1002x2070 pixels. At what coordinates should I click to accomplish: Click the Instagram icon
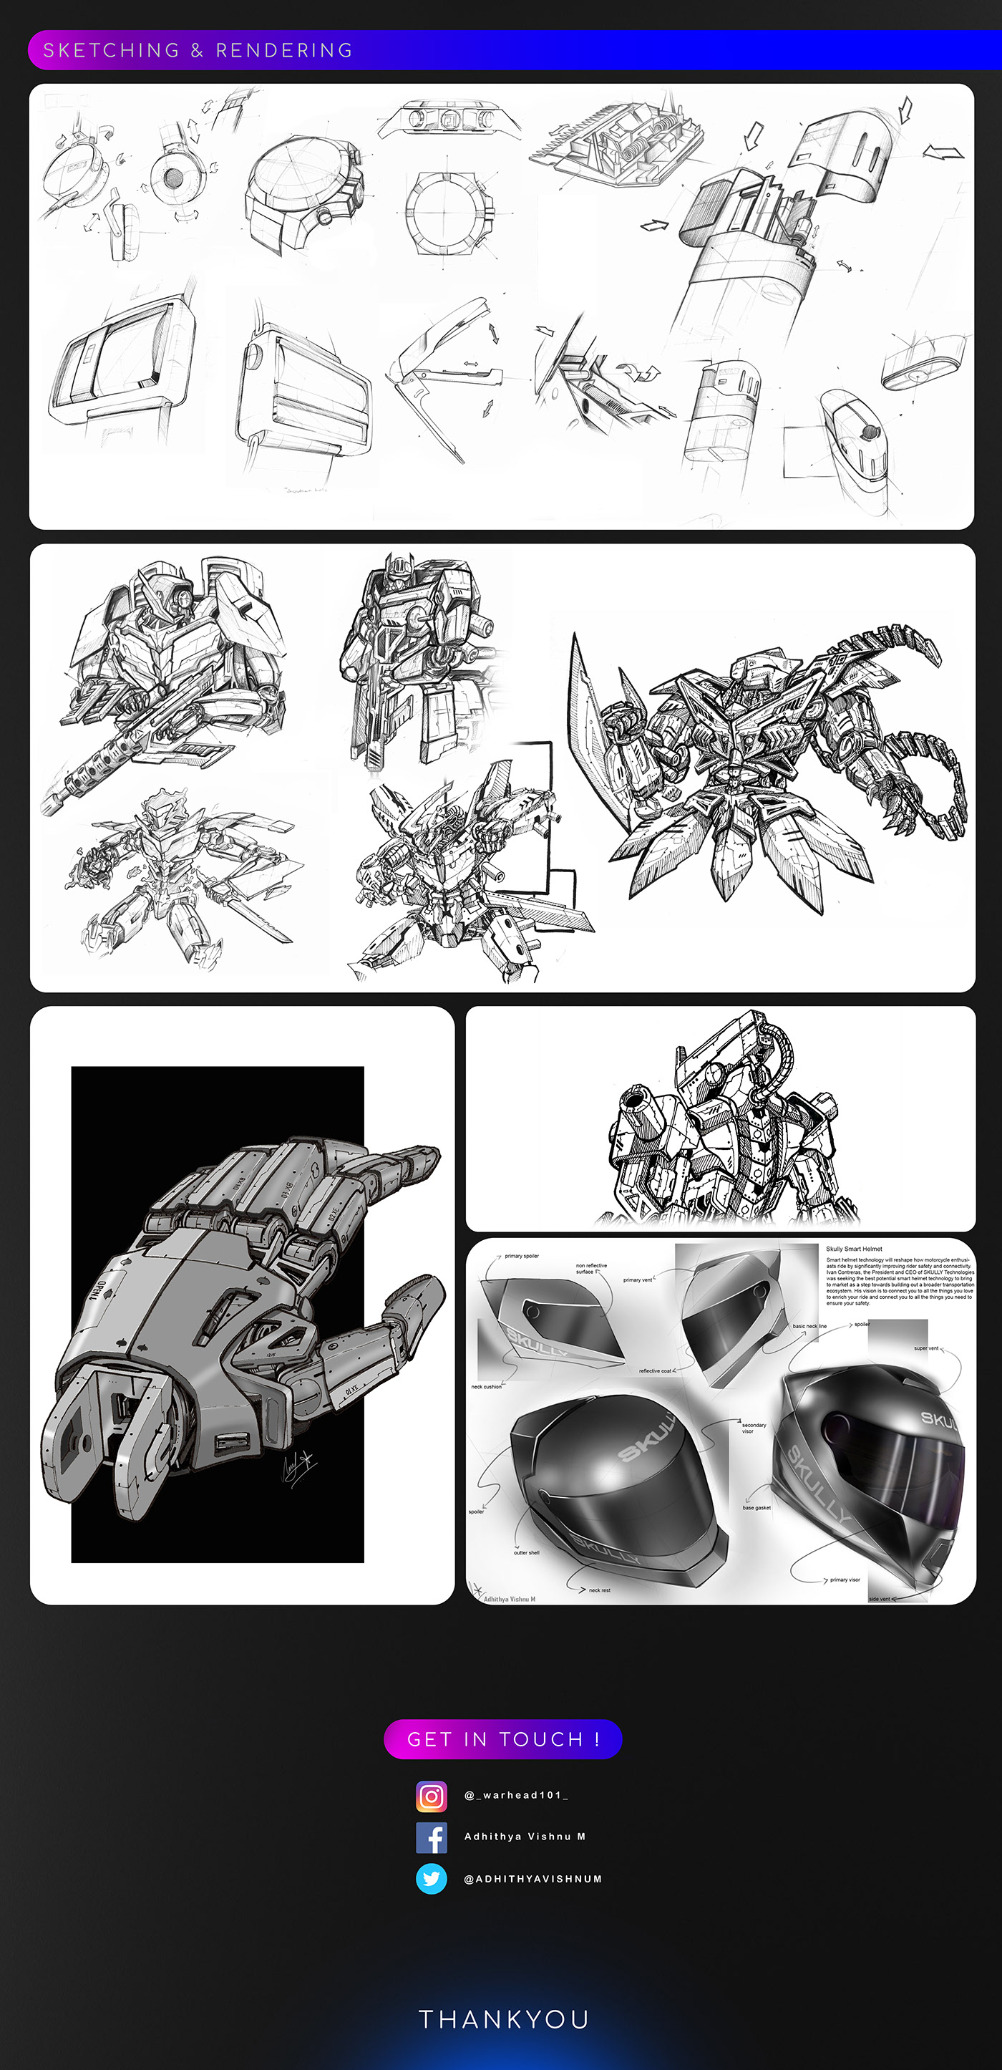(x=432, y=1795)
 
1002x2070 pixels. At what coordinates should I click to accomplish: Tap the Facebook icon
(x=432, y=1837)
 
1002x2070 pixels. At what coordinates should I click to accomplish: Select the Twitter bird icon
(x=432, y=1879)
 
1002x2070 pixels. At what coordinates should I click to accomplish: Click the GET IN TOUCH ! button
(x=503, y=1739)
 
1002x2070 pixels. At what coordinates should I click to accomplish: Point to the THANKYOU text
(x=504, y=2018)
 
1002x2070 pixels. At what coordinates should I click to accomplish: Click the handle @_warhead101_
(x=516, y=1795)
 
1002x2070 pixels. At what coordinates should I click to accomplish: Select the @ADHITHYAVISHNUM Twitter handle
(x=532, y=1879)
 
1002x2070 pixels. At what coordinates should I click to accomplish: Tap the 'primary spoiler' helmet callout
(x=522, y=1256)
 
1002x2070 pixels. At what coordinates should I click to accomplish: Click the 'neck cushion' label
(x=486, y=1387)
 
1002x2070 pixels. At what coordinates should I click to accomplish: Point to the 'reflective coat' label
(x=655, y=1371)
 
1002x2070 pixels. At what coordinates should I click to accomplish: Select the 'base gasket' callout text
(x=756, y=1507)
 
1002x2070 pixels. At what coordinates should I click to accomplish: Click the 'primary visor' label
(x=845, y=1580)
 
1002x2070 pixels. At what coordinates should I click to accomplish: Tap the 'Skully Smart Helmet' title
(x=854, y=1249)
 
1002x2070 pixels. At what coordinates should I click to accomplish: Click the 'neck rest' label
(x=600, y=1590)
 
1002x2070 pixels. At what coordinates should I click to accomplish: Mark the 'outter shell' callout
(x=526, y=1552)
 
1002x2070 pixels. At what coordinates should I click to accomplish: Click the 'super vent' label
(x=925, y=1348)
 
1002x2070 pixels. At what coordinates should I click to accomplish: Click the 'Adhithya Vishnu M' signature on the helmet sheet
(x=509, y=1599)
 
